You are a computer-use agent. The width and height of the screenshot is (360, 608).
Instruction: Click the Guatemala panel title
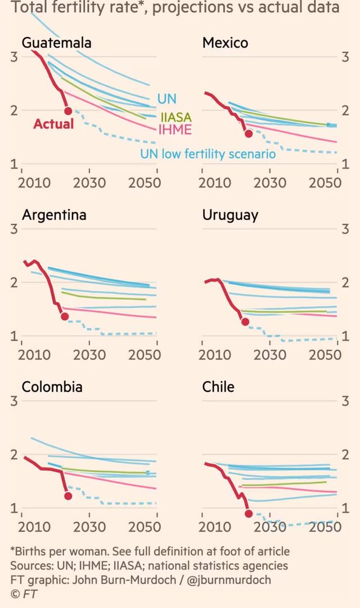click(x=56, y=43)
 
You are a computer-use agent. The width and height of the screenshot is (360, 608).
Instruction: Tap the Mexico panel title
click(x=225, y=43)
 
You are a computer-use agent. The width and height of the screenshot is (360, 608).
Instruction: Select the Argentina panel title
click(x=54, y=215)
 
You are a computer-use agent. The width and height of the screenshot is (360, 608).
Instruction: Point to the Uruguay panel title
click(x=230, y=215)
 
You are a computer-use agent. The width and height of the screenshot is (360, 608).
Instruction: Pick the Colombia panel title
click(x=52, y=387)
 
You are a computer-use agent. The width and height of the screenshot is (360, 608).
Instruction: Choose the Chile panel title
click(x=218, y=387)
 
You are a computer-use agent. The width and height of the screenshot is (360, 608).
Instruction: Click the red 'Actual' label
click(x=53, y=124)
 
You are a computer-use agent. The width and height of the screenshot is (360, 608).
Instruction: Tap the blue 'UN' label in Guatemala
click(x=166, y=99)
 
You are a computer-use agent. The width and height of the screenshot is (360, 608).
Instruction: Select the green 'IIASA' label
click(x=175, y=117)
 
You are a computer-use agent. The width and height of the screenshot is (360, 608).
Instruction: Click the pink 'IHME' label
click(x=175, y=130)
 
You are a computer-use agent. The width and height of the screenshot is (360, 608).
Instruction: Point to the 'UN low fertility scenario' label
click(x=208, y=153)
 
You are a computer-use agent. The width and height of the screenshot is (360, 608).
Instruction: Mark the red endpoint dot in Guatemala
click(x=69, y=111)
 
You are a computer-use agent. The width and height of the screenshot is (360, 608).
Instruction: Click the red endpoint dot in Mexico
click(x=249, y=133)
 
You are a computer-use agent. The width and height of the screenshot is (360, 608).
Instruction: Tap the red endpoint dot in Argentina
click(x=65, y=316)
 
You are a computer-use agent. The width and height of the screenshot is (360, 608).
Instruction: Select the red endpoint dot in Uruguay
click(x=245, y=322)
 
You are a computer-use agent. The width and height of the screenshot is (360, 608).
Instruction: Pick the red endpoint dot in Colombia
click(x=68, y=496)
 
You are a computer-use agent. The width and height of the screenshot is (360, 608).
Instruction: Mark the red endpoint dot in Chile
click(x=249, y=513)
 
